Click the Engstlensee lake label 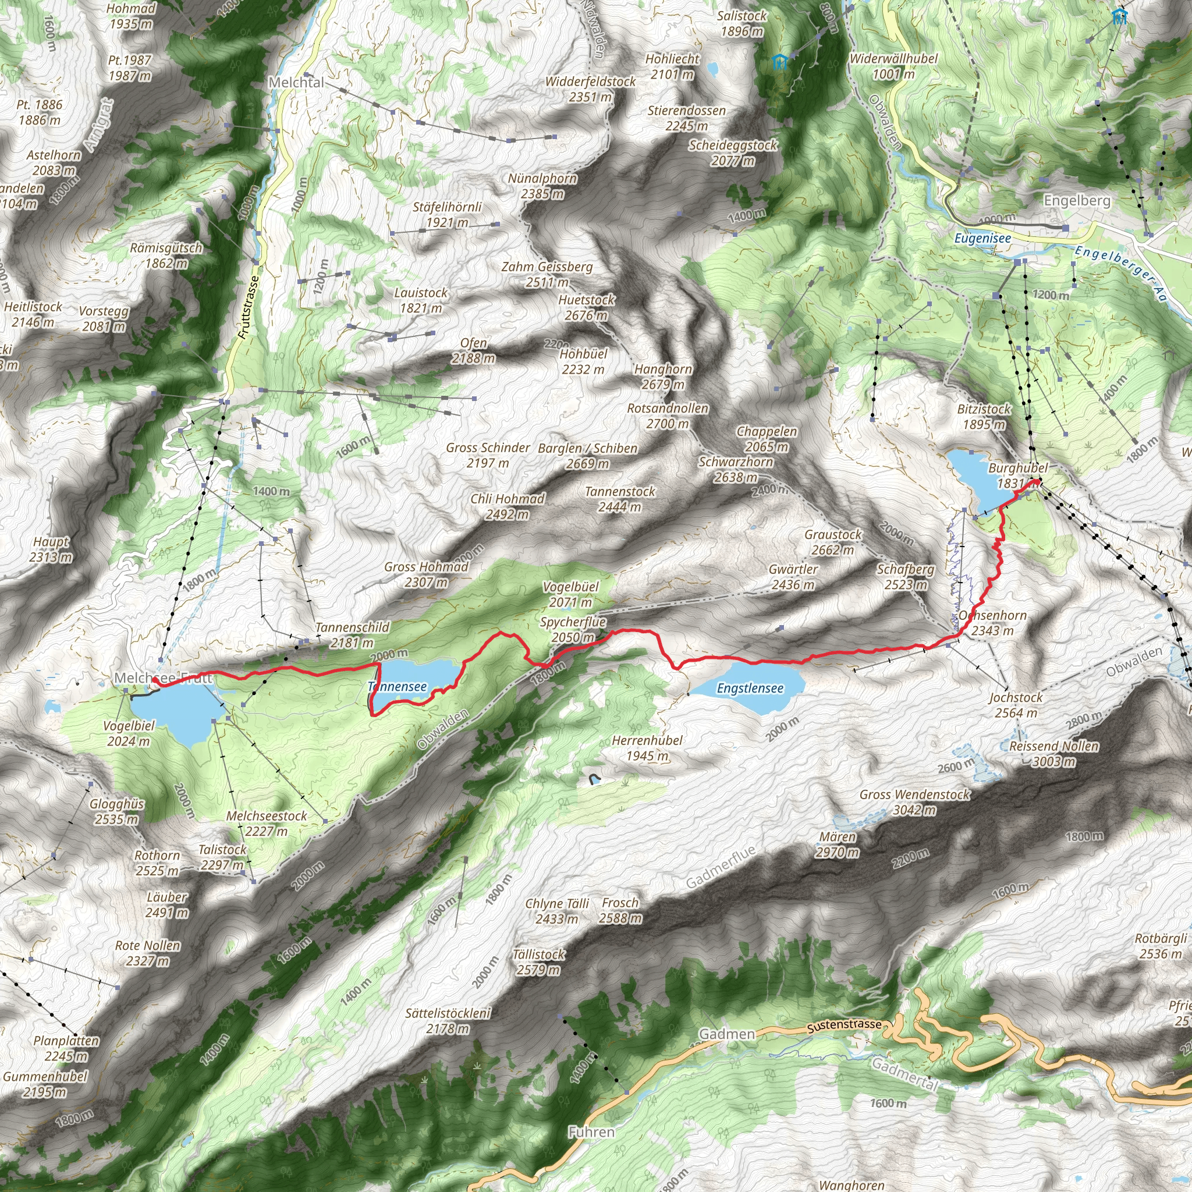[x=750, y=688]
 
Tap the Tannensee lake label [x=398, y=687]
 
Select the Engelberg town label [x=1077, y=201]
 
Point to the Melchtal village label [x=296, y=83]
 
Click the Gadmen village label [x=726, y=1034]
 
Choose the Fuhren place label [x=591, y=1132]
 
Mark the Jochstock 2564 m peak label [x=1016, y=705]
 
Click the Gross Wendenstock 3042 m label [x=914, y=802]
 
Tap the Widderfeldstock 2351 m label [x=590, y=89]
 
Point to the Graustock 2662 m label [x=832, y=542]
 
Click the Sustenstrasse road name [x=844, y=1026]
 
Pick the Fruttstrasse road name [x=249, y=307]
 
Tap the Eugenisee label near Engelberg [x=982, y=238]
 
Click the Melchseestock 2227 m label [x=266, y=823]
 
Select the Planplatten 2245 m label [x=66, y=1048]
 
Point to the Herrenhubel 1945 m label [x=647, y=748]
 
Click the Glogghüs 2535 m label [x=116, y=811]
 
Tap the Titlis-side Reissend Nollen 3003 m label [x=1054, y=753]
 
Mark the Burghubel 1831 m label [x=1017, y=476]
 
